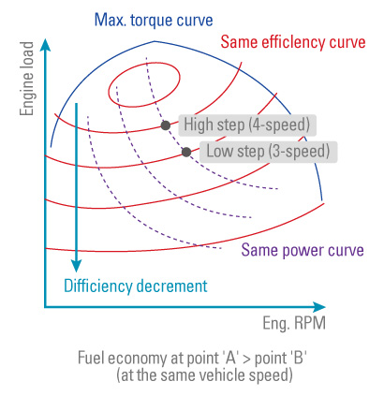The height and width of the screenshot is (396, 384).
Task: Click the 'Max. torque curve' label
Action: tap(154, 20)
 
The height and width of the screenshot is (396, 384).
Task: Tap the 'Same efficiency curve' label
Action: tap(293, 42)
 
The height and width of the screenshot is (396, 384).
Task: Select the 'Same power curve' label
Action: tap(303, 250)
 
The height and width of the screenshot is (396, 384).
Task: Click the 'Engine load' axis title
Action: tap(27, 79)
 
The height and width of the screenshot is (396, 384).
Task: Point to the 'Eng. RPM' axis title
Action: tap(294, 323)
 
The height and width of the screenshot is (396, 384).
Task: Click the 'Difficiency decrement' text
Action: tap(136, 286)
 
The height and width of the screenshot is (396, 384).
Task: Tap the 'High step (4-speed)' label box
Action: tap(247, 125)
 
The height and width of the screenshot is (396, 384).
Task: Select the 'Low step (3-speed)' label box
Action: tap(269, 152)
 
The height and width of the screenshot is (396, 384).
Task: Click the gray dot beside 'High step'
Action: tap(166, 125)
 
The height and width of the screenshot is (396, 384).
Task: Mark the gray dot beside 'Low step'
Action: tap(186, 152)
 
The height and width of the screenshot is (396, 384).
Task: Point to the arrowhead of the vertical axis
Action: tap(46, 45)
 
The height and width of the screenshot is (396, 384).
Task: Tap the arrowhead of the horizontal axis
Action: tap(319, 307)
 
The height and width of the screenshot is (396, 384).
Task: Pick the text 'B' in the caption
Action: tap(298, 358)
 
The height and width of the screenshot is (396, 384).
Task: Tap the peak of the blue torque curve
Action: tap(155, 41)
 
